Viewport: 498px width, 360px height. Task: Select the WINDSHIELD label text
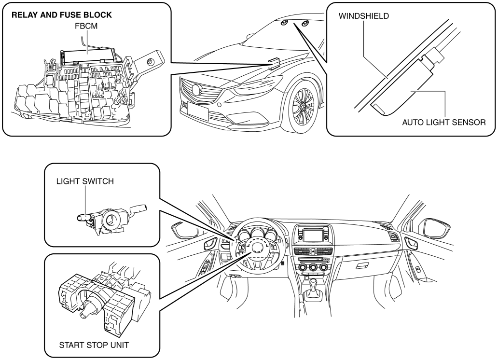363,16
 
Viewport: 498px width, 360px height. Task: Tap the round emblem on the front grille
196,90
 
